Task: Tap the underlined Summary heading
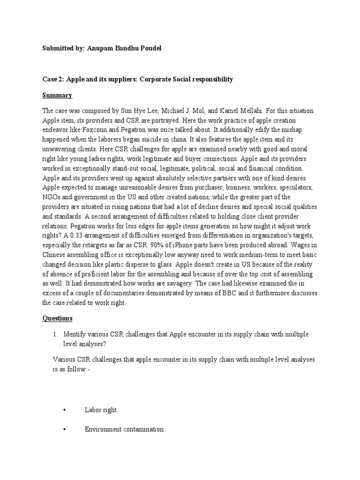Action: click(57, 95)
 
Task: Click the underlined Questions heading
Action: click(58, 318)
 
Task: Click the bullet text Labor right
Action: click(100, 410)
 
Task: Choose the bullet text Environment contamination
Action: click(124, 429)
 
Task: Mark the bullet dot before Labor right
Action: click(63, 410)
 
